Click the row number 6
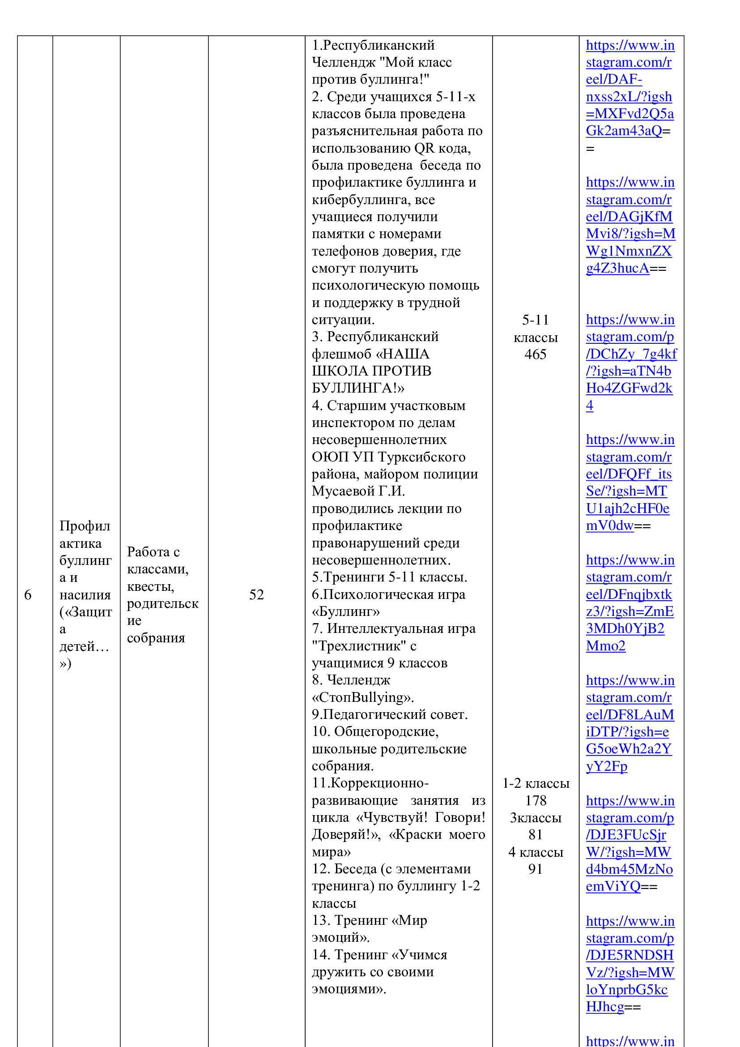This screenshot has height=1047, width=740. [x=28, y=594]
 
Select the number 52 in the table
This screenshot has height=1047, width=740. [x=256, y=594]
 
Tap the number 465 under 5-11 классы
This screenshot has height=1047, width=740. [x=536, y=355]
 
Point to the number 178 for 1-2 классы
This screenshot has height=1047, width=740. [x=536, y=801]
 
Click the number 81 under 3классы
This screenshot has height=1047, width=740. [x=536, y=835]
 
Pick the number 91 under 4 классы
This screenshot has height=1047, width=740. [x=536, y=869]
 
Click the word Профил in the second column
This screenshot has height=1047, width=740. [x=85, y=526]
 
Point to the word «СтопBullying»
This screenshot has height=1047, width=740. [x=363, y=698]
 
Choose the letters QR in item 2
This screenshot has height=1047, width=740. [x=425, y=149]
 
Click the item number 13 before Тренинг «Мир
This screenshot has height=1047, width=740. [x=321, y=921]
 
